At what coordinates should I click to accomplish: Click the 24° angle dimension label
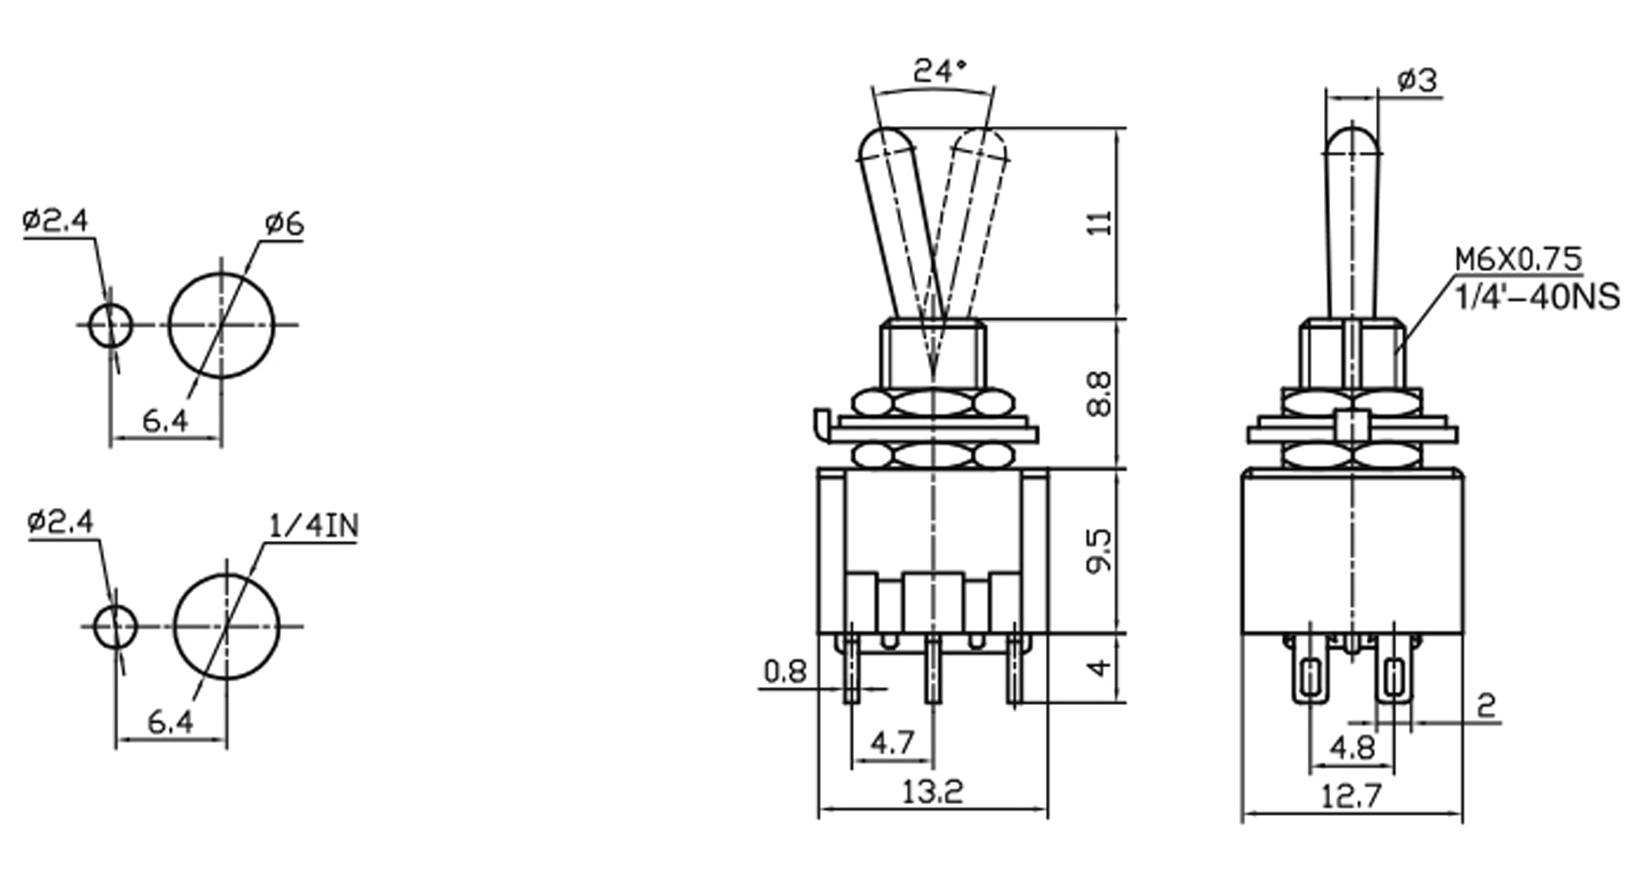tap(939, 71)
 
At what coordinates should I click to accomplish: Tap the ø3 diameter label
tap(1416, 79)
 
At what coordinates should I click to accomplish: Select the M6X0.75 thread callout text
tap(1518, 259)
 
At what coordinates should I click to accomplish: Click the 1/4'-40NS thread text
tap(1537, 297)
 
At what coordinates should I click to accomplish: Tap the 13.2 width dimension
tap(931, 792)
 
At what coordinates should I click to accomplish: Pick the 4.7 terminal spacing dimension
tap(892, 743)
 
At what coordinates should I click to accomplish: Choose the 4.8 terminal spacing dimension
tap(1352, 748)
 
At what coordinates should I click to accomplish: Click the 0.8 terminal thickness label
tap(785, 671)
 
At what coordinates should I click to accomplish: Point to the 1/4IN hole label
tap(313, 526)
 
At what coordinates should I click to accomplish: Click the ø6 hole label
tap(284, 224)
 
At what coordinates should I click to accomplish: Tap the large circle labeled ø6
tap(221, 325)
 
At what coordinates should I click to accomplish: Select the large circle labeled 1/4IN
tap(227, 627)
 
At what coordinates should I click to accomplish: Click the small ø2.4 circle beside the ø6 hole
tap(110, 325)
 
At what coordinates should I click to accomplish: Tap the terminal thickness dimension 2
tap(1486, 706)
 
